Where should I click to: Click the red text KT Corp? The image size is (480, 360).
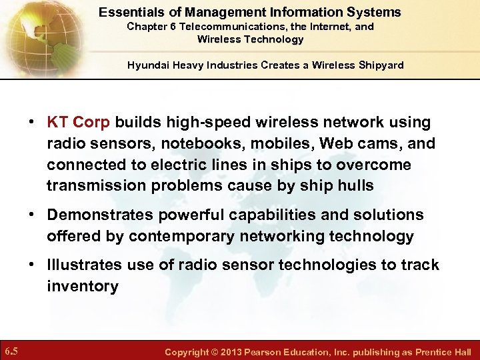[79, 123]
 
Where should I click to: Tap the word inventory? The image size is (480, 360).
[82, 287]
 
